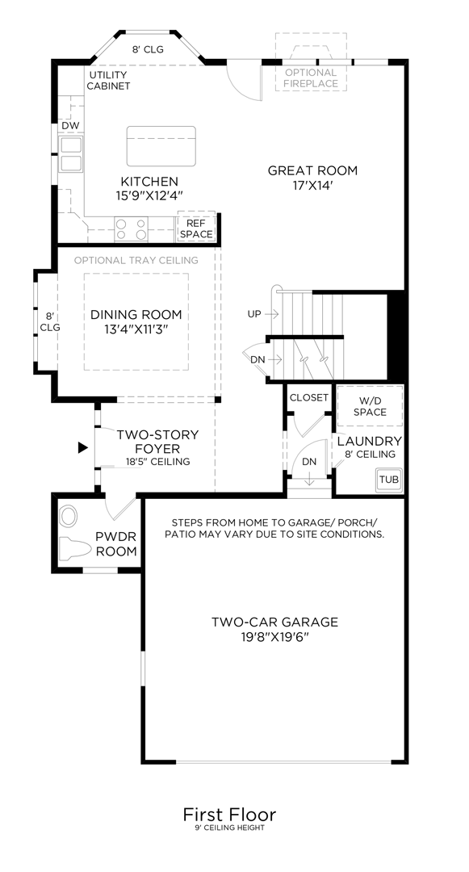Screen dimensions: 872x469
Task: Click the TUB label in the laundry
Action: click(x=388, y=479)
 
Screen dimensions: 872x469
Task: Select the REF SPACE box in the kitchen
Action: click(x=196, y=228)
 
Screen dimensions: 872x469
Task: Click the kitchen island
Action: click(x=161, y=145)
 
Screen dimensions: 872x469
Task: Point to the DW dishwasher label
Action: click(x=70, y=126)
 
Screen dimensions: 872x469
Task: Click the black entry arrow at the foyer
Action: click(x=82, y=446)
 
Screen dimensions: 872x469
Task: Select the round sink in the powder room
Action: click(x=69, y=515)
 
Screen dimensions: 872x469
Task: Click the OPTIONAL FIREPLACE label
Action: click(x=311, y=78)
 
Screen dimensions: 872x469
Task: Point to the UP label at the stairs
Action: click(x=254, y=313)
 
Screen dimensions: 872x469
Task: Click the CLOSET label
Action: click(x=309, y=397)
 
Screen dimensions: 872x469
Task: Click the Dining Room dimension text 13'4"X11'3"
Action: click(x=136, y=329)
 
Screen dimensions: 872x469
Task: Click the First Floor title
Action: click(x=229, y=813)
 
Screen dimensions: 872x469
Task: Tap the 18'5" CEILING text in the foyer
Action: click(x=157, y=462)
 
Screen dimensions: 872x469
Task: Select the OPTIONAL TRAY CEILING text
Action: click(x=136, y=260)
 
